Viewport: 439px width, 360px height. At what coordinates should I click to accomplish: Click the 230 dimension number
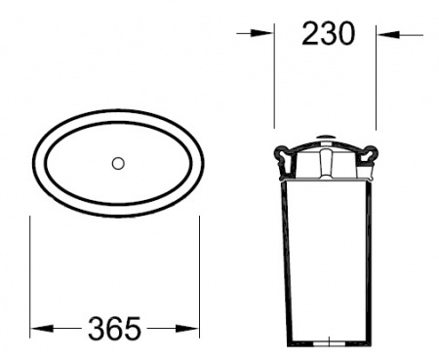326,34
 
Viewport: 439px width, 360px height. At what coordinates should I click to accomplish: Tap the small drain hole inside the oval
117,164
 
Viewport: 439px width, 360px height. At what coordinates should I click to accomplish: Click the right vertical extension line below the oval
201,273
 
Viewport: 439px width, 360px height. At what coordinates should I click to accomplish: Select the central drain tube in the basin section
325,166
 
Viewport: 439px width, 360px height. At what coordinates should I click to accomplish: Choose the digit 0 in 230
343,34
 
